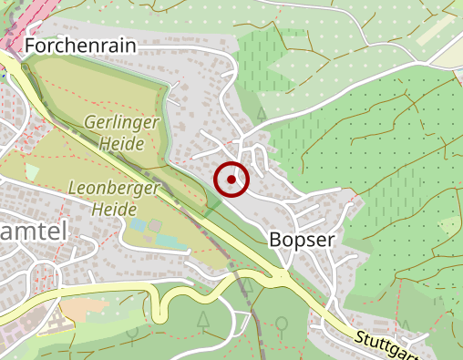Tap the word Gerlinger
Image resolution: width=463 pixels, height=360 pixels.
(x=121, y=122)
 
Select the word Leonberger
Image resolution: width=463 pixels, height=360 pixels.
(x=113, y=188)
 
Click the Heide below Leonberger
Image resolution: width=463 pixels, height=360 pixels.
(x=113, y=209)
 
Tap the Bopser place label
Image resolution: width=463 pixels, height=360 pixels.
(x=303, y=239)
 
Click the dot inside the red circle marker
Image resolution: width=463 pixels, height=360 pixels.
(x=232, y=180)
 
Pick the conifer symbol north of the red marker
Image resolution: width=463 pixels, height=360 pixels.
(x=261, y=114)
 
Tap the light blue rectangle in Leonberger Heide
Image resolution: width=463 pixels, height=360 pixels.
(x=138, y=224)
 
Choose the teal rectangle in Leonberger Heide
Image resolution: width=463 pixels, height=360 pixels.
(x=167, y=240)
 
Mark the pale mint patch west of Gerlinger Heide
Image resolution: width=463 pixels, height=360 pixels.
(x=32, y=171)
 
